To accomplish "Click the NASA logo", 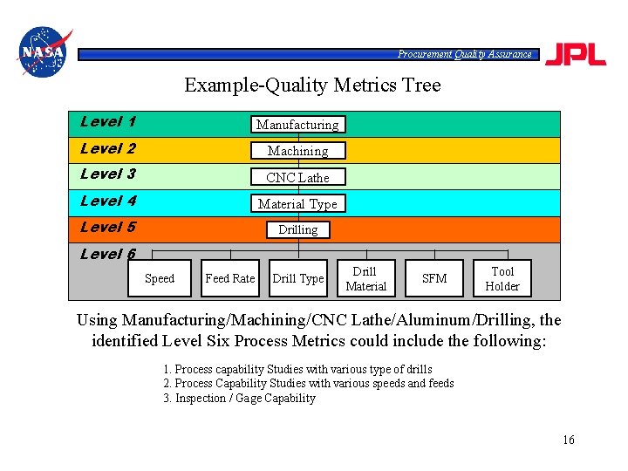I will tap(43, 52).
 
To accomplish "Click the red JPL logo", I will tap(576, 54).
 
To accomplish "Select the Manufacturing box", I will tap(297, 125).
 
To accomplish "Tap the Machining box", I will tap(297, 151).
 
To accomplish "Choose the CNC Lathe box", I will tap(297, 177).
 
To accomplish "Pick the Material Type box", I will tap(297, 203).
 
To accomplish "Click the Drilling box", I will tap(297, 229).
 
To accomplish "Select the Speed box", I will tap(159, 278).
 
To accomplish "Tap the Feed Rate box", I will tap(229, 278).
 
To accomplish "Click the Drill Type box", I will tap(297, 278).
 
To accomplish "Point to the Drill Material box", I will tap(365, 278).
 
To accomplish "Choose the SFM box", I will tap(433, 278).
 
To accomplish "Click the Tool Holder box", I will tap(502, 278).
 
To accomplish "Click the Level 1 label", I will tap(107, 122).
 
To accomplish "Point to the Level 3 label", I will tap(107, 174).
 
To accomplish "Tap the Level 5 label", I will tap(107, 228).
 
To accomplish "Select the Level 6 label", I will tap(107, 255).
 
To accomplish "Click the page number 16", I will tap(569, 440).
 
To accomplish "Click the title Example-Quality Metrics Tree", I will tap(312, 85).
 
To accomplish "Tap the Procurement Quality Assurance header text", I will tap(464, 54).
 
